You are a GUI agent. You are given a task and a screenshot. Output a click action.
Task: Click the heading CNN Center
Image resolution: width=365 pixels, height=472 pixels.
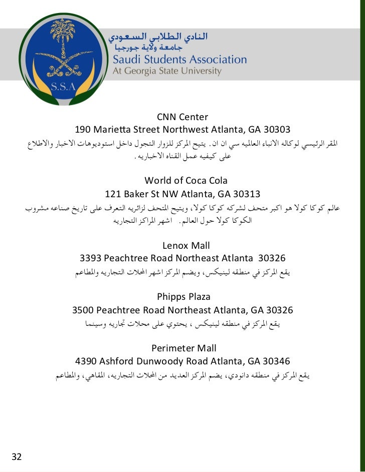tap(182, 117)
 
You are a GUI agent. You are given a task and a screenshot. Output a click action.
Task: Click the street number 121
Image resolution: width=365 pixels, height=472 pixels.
tap(113, 194)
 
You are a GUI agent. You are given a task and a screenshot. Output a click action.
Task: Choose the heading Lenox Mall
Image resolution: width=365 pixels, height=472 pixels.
tap(186, 245)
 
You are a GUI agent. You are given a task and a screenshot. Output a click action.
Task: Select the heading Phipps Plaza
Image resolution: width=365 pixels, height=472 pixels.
tap(184, 297)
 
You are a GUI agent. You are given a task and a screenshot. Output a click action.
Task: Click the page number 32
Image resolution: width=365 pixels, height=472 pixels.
tap(17, 456)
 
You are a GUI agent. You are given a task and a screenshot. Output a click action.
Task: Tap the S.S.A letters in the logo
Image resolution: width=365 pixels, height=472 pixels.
tap(63, 86)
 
